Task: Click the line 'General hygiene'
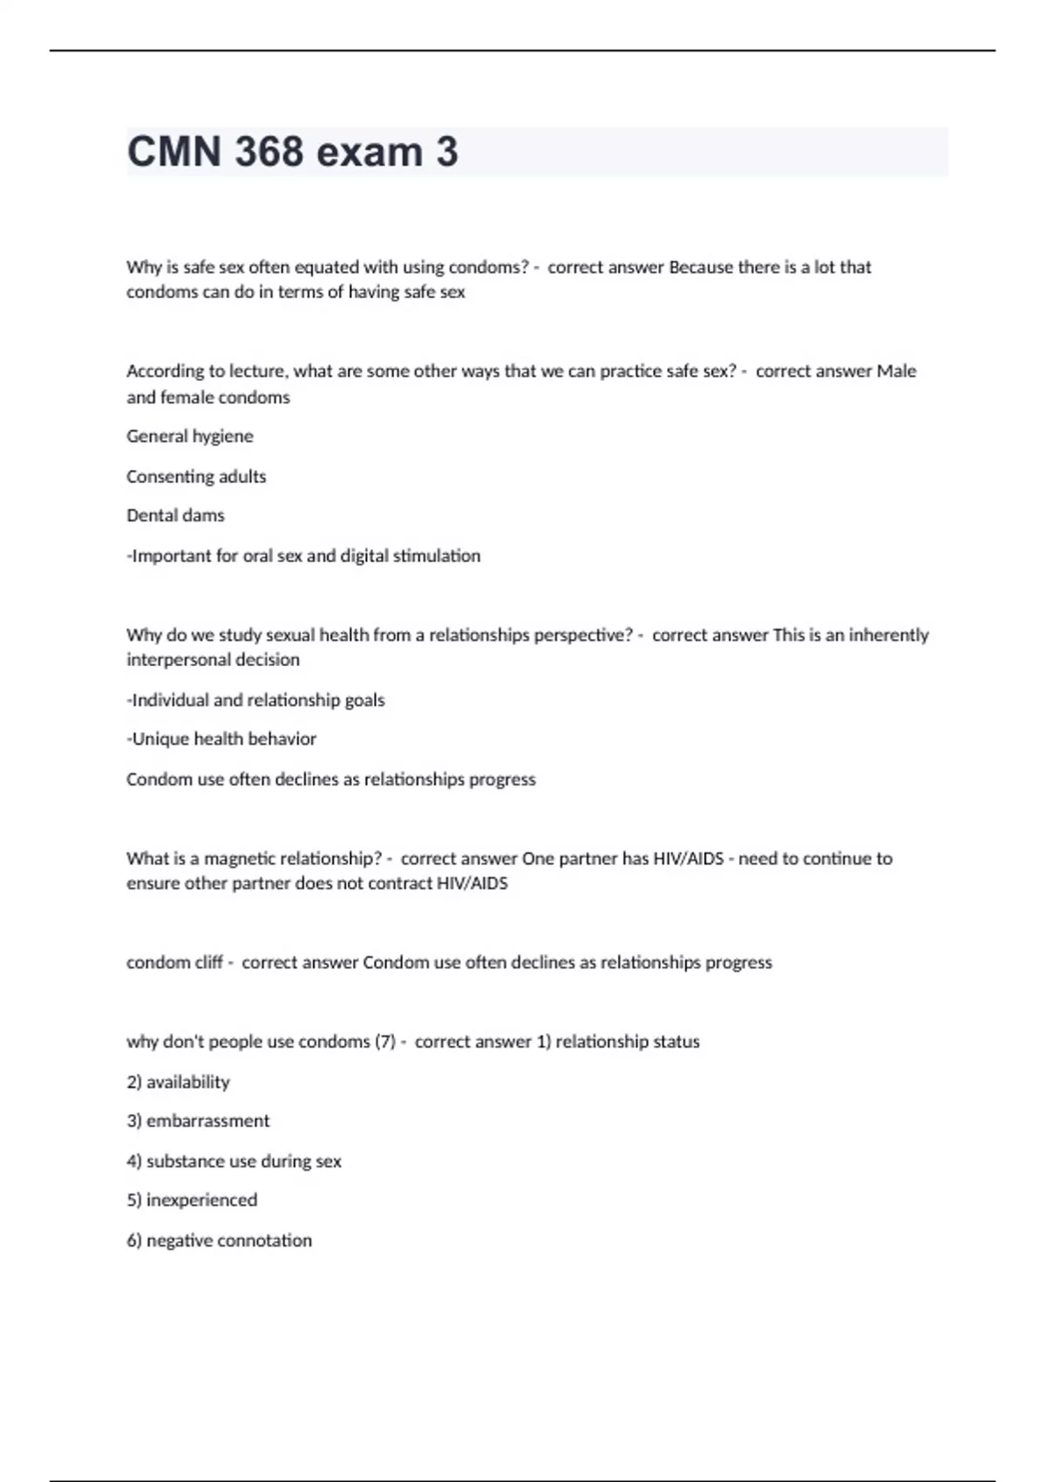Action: (x=190, y=436)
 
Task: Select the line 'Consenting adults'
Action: (x=196, y=476)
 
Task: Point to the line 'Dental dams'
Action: (x=175, y=515)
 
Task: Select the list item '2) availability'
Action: (x=178, y=1082)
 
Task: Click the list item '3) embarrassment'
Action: (x=198, y=1120)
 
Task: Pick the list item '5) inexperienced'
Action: (x=192, y=1200)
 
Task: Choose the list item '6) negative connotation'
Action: (x=219, y=1240)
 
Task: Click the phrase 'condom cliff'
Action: (x=174, y=962)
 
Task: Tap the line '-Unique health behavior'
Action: (x=221, y=738)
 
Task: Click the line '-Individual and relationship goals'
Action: (x=255, y=700)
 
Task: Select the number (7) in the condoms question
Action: (x=384, y=1042)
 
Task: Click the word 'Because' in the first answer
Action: (x=701, y=268)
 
